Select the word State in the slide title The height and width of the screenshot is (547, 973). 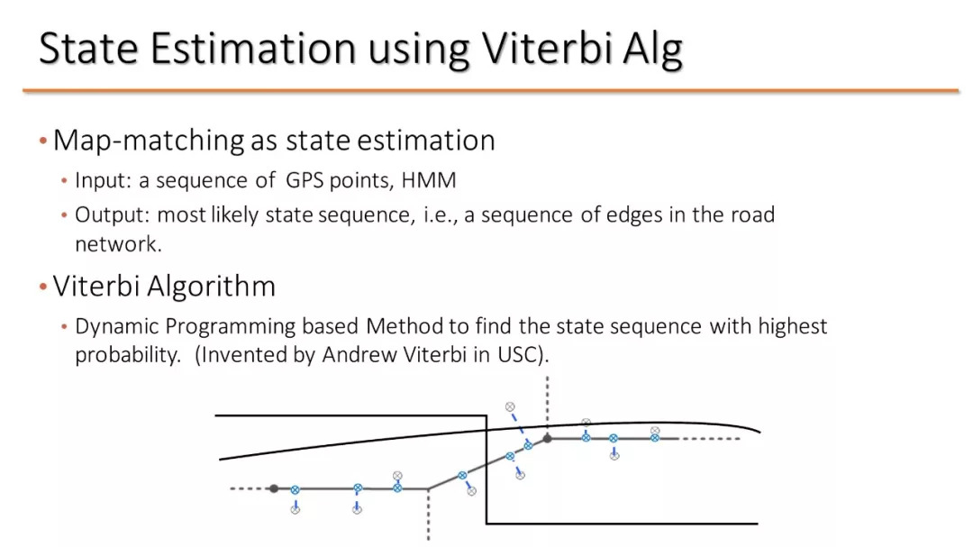tap(88, 48)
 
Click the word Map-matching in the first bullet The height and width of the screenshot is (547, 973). tap(149, 141)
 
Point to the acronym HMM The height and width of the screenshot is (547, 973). tap(429, 180)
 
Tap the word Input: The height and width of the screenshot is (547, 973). tap(104, 180)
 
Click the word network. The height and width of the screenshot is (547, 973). tap(118, 244)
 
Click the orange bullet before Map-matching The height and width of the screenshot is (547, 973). tap(43, 141)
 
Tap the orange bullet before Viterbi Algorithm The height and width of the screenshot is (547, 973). tap(43, 287)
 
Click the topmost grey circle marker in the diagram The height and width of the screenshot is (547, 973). tap(509, 406)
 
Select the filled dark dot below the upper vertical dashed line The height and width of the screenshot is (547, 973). tap(548, 438)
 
